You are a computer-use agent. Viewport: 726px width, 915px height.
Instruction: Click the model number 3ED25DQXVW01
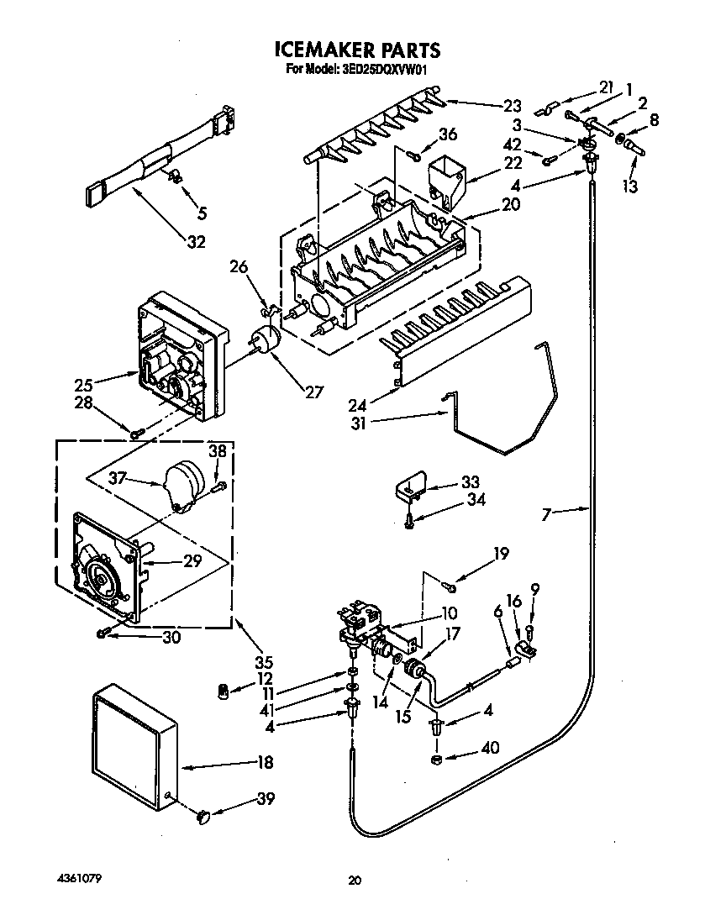click(x=387, y=70)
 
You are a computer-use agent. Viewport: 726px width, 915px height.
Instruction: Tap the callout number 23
click(x=512, y=106)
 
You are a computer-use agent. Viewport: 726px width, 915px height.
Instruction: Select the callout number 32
click(x=196, y=243)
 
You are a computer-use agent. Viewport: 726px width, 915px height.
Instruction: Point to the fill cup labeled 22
click(x=445, y=181)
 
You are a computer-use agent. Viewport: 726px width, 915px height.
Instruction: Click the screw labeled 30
click(x=103, y=633)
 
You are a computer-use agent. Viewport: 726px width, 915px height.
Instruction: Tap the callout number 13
click(x=629, y=186)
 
